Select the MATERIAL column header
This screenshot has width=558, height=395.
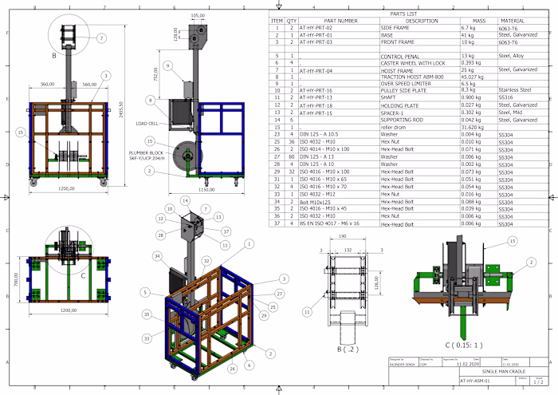[x=510, y=21]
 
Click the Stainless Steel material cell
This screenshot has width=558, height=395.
[x=514, y=90]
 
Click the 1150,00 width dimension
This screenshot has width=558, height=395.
[x=206, y=190]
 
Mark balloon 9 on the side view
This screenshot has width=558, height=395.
[x=167, y=65]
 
